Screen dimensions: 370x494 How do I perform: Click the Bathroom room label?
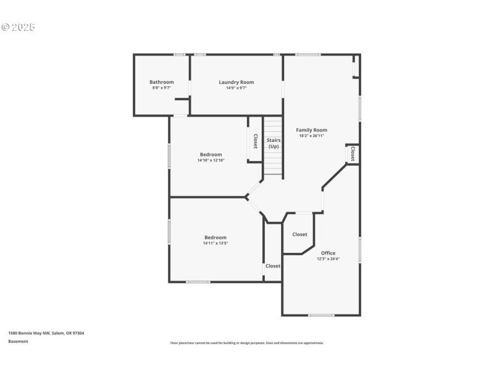[x=161, y=82]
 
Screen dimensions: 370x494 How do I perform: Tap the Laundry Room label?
[x=236, y=82]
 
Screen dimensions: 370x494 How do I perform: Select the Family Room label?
[x=311, y=130]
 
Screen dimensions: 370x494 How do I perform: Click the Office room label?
[x=328, y=253]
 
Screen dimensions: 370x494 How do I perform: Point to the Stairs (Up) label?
[x=273, y=143]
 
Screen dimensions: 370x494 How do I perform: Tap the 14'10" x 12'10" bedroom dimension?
[x=211, y=160]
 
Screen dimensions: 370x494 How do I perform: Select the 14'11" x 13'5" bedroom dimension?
[x=216, y=243]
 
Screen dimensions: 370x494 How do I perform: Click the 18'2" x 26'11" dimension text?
[x=311, y=136]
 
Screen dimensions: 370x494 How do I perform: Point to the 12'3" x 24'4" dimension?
[x=328, y=259]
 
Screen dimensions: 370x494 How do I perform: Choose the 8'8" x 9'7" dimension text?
[x=161, y=88]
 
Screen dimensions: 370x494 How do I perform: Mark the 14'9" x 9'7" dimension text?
[x=236, y=88]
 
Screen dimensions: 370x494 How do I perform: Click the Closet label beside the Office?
[x=299, y=234]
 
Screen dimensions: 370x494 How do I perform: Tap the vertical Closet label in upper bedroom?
[x=255, y=141]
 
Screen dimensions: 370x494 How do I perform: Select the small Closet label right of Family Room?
[x=353, y=154]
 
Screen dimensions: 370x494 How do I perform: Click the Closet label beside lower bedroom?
[x=272, y=266]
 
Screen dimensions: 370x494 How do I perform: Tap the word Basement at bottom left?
[x=18, y=341]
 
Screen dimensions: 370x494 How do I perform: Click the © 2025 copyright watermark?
[x=19, y=27]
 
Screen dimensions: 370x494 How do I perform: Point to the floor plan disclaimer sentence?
[x=246, y=343]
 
